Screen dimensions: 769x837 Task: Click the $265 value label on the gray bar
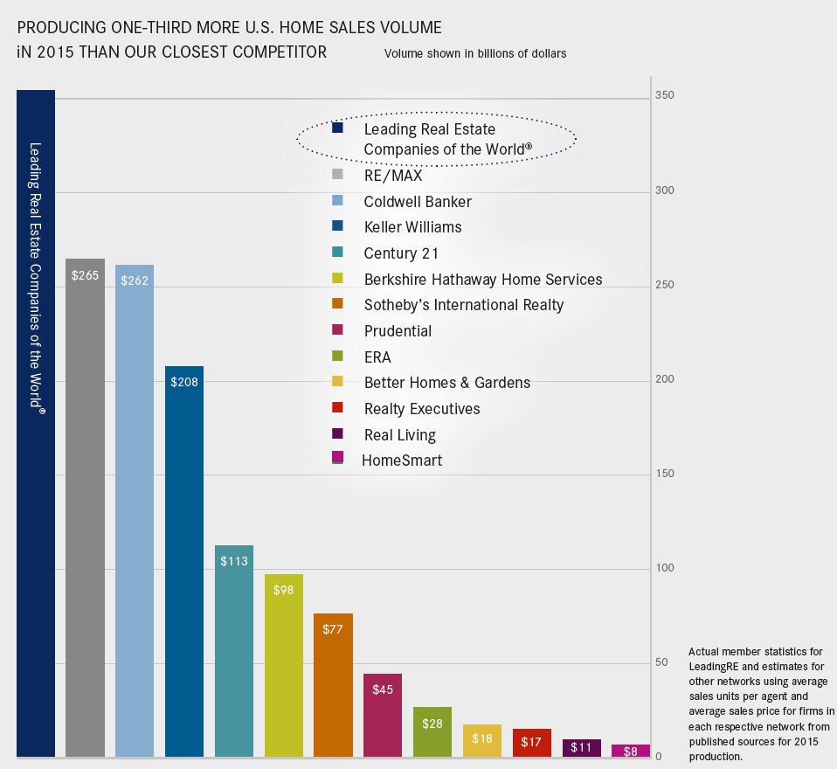(x=86, y=276)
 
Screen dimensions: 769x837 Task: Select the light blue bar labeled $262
(x=135, y=507)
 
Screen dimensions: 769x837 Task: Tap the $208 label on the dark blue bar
(x=184, y=382)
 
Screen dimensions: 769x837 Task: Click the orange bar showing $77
(x=333, y=690)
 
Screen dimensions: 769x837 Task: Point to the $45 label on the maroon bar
(x=383, y=689)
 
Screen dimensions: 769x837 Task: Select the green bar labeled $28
(x=432, y=734)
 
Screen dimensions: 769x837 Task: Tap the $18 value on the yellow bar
(x=482, y=738)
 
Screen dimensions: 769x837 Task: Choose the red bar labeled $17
(x=532, y=743)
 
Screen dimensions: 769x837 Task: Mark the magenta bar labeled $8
(x=631, y=750)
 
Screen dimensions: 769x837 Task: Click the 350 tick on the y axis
(x=664, y=95)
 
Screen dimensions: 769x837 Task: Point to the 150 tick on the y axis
(x=664, y=474)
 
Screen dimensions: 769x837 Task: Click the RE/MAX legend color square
(x=337, y=174)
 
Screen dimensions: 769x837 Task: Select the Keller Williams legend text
(x=412, y=227)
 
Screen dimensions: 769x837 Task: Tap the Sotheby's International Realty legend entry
(x=463, y=305)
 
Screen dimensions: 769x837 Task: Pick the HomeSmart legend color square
(x=337, y=457)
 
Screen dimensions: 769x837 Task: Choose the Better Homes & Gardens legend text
(x=446, y=383)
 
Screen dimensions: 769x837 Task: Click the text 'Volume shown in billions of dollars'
(x=475, y=53)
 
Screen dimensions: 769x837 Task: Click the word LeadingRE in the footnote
(x=716, y=667)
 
